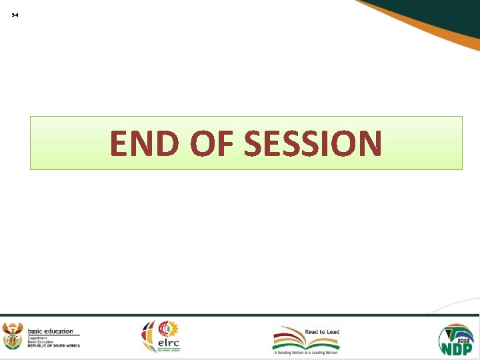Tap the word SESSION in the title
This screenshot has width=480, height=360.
313,143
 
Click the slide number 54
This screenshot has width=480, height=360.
15,15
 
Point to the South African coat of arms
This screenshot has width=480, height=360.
13,336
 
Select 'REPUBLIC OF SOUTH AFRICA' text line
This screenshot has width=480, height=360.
53,345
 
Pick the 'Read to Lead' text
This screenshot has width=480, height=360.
322,331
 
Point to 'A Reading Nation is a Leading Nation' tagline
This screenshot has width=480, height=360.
306,353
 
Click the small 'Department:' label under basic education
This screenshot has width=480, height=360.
38,338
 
